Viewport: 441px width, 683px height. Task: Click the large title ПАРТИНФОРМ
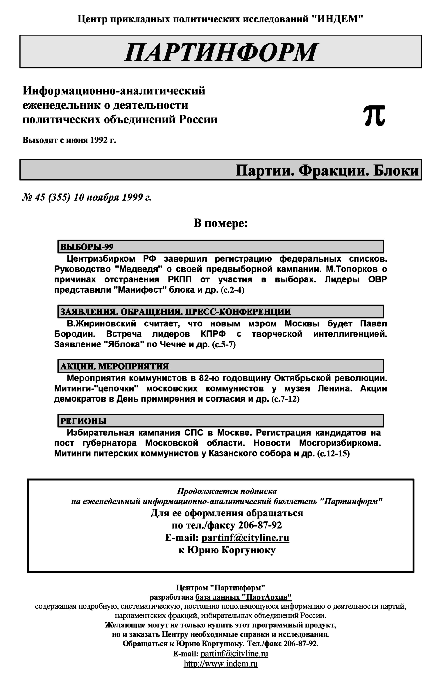(220, 52)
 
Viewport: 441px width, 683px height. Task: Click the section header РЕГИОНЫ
(83, 421)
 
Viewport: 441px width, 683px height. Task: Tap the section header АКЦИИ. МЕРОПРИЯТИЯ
(114, 366)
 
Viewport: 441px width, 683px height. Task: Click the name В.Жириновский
(101, 324)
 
